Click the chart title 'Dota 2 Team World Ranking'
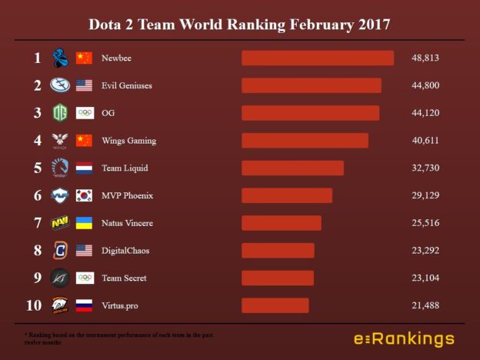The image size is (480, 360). coord(239,25)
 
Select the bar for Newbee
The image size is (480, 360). coord(317,58)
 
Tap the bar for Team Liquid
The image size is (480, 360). coord(292,168)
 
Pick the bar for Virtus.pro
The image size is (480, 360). coord(275,305)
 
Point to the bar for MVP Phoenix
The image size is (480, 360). coord(286,195)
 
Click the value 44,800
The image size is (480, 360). coord(425,85)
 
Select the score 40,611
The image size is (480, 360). coord(425,141)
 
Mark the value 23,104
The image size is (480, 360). coord(425,278)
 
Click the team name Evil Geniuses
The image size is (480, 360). coord(127,85)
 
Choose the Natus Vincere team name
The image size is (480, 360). coord(127,223)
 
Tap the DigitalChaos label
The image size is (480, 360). coord(126,251)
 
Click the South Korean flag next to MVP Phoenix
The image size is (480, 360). coord(84,195)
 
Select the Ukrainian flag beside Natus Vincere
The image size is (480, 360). coord(84,223)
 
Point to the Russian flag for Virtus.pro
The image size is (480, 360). coord(84,305)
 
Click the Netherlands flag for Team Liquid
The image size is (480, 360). coord(84,168)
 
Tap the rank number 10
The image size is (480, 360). coord(34,305)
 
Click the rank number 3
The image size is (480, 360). coord(37,113)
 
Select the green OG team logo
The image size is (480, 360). coord(60,113)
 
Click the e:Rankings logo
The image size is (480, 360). coord(403,339)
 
